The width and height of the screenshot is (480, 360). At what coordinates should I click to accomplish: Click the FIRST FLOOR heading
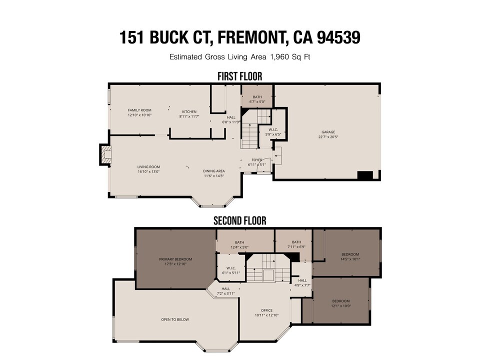(239, 76)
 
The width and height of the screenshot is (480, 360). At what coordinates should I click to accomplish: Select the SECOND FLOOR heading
(239, 220)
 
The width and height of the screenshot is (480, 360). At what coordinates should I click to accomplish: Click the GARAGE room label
(328, 132)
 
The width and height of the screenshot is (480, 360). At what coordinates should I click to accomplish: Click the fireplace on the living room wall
(104, 155)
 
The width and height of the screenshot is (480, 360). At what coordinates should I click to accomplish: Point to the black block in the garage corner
(365, 175)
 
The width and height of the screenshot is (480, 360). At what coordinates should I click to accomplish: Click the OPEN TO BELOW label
(175, 319)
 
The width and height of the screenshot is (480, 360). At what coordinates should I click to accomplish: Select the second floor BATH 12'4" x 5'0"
(239, 244)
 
